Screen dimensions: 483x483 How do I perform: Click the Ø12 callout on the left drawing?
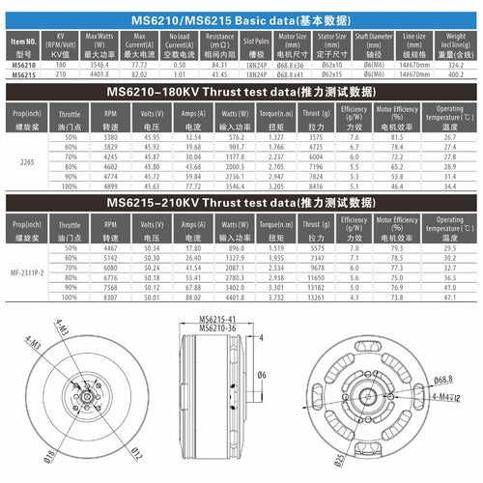click(137, 452)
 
